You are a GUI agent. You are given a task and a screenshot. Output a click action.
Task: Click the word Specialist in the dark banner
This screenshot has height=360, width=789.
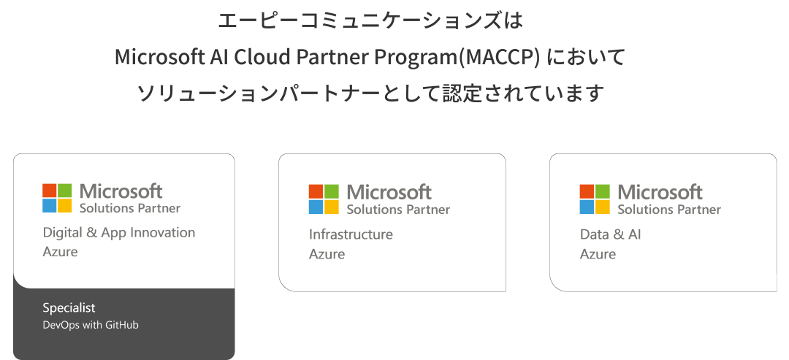[69, 307]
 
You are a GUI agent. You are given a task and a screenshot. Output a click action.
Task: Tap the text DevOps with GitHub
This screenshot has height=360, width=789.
[91, 325]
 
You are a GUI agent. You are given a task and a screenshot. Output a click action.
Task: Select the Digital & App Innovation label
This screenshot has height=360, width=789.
[119, 233]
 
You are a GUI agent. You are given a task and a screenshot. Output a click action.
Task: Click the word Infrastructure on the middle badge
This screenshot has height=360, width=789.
[351, 234]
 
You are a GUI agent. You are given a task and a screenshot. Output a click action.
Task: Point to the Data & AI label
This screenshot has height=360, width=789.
[610, 234]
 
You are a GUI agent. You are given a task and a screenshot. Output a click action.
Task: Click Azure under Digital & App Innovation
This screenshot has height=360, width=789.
[61, 251]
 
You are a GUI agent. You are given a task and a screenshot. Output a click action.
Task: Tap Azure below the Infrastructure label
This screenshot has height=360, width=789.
[327, 254]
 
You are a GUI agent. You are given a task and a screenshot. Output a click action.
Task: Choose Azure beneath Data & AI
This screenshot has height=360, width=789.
[598, 254]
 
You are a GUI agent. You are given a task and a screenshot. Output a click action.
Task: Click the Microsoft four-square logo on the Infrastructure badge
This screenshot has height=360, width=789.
[324, 199]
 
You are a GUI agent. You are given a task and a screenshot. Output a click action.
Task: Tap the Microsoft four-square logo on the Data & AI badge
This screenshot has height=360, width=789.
[594, 199]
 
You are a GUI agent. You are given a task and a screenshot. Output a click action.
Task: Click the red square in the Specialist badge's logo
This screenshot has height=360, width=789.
[50, 191]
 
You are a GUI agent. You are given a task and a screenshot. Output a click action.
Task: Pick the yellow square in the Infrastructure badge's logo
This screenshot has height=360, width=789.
[332, 207]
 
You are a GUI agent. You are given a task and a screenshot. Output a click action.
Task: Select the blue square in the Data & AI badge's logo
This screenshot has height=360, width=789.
[587, 207]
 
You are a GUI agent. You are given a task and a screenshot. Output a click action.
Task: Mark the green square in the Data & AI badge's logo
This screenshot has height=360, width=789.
[602, 191]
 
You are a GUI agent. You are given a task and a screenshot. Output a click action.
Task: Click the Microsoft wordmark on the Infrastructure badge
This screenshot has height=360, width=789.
[389, 192]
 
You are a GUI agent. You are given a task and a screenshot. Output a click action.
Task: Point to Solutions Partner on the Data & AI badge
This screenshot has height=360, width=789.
[669, 209]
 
